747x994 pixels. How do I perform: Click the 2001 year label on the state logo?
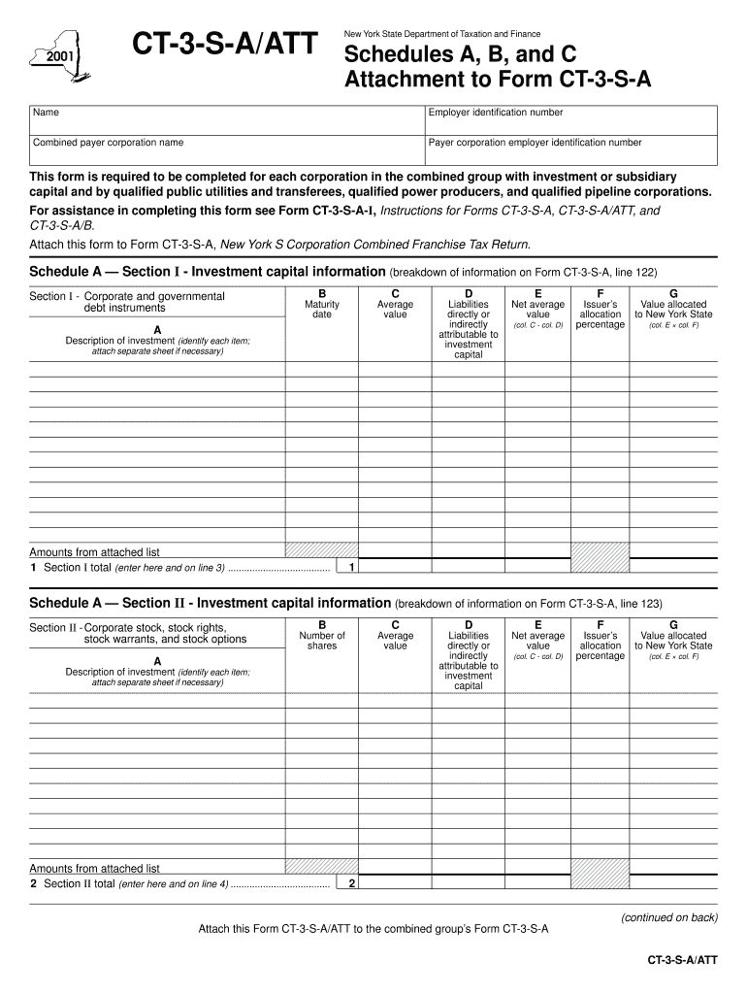(58, 56)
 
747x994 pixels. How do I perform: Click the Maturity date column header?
(322, 309)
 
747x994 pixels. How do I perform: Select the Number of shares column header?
(322, 641)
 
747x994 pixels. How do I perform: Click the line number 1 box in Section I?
(351, 567)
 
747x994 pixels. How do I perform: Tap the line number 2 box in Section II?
(351, 883)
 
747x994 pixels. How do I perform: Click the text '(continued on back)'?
(669, 916)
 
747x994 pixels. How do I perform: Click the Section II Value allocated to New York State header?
(673, 641)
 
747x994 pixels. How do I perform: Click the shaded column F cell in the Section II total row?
(600, 875)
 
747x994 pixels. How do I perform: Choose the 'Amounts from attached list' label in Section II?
(95, 868)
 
